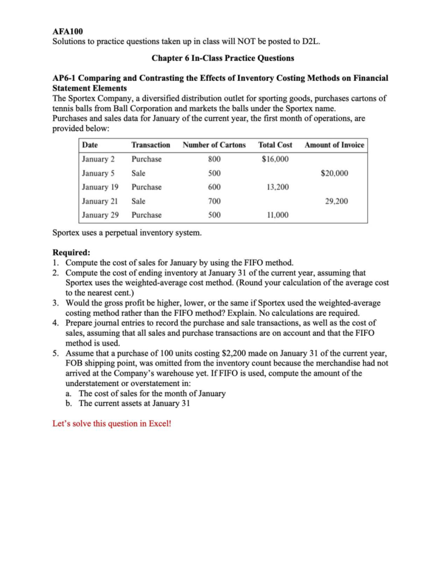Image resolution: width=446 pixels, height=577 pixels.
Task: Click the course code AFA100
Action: coord(68,31)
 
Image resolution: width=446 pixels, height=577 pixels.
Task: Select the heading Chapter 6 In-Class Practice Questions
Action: coord(223,58)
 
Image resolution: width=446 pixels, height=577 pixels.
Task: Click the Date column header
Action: coord(90,145)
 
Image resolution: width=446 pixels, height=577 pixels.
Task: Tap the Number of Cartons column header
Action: coord(214,145)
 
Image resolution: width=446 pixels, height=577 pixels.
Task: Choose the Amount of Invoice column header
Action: coord(334,145)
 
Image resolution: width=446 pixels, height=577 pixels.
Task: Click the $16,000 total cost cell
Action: coord(275,159)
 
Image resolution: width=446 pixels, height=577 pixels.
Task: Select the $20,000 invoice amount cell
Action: coord(334,173)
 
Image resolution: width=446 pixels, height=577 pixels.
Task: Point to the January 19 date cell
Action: coord(100,187)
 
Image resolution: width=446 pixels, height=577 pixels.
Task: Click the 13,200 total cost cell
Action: coord(277,187)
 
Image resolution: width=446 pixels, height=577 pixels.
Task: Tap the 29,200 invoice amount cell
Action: coord(336,201)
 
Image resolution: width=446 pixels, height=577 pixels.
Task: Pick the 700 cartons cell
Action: coord(214,201)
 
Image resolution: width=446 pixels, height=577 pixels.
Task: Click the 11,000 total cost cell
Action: coord(277,215)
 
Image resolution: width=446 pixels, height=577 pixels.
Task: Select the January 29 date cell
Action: coord(100,215)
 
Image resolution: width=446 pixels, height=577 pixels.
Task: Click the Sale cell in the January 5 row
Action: coord(138,173)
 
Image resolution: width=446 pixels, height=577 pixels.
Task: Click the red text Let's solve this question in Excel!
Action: coord(111,424)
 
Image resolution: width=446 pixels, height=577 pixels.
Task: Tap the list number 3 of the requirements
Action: coord(55,303)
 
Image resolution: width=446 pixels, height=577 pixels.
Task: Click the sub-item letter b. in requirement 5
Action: coord(69,403)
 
